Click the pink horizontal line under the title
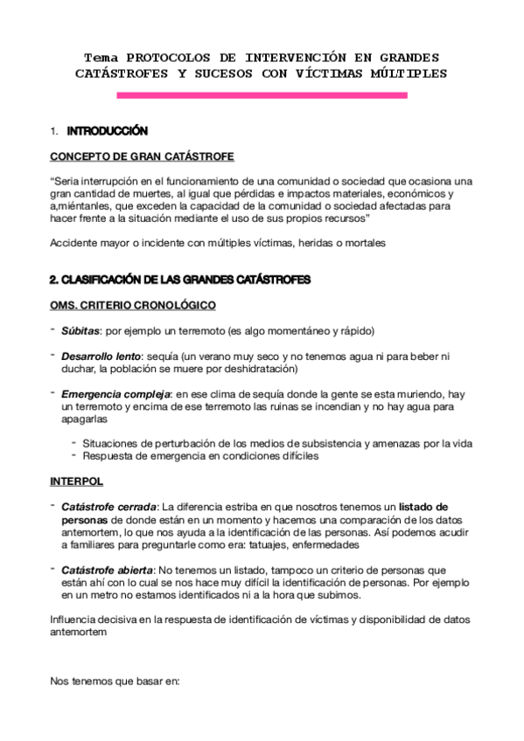point(262,94)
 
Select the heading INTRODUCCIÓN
point(107,131)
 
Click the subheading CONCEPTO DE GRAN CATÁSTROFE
point(142,156)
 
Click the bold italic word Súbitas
point(79,331)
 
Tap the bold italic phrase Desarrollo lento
point(101,357)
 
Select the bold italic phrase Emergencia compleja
point(111,393)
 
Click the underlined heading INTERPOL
point(78,481)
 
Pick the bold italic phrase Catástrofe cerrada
point(109,507)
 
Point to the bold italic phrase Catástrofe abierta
point(108,569)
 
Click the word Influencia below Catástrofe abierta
point(78,620)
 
